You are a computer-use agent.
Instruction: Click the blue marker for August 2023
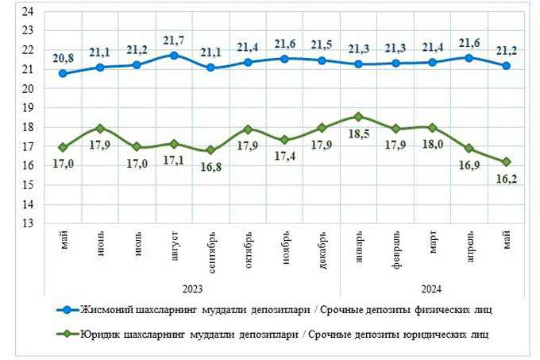tap(174, 56)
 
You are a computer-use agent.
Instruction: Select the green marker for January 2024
tap(358, 117)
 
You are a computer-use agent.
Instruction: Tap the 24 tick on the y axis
tap(26, 12)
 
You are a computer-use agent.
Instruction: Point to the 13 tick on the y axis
tap(26, 224)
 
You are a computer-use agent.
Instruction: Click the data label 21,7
tap(174, 39)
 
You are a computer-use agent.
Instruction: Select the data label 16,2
tap(506, 180)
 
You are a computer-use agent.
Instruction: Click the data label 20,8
tap(62, 56)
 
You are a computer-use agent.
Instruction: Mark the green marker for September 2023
tap(210, 150)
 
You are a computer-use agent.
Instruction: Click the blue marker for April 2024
tap(469, 58)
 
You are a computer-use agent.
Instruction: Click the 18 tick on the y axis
tap(26, 128)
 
